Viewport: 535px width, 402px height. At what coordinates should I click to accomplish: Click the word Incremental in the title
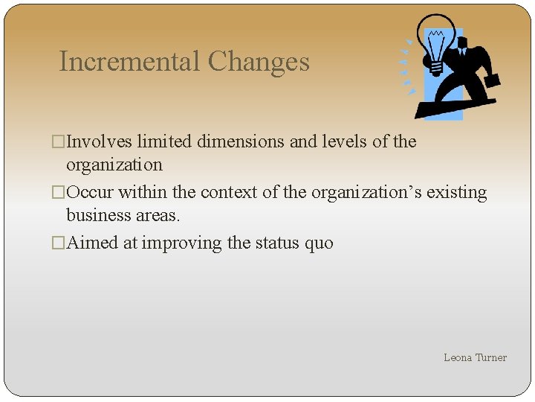pyautogui.click(x=130, y=62)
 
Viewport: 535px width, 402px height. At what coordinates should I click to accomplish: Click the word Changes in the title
pyautogui.click(x=259, y=62)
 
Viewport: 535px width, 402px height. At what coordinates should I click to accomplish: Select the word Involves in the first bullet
pyautogui.click(x=100, y=141)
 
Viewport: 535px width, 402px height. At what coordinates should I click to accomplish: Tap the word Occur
pyautogui.click(x=90, y=192)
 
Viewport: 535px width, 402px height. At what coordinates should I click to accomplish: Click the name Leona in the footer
pyautogui.click(x=458, y=357)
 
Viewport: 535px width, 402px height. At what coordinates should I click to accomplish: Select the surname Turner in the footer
pyautogui.click(x=491, y=357)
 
